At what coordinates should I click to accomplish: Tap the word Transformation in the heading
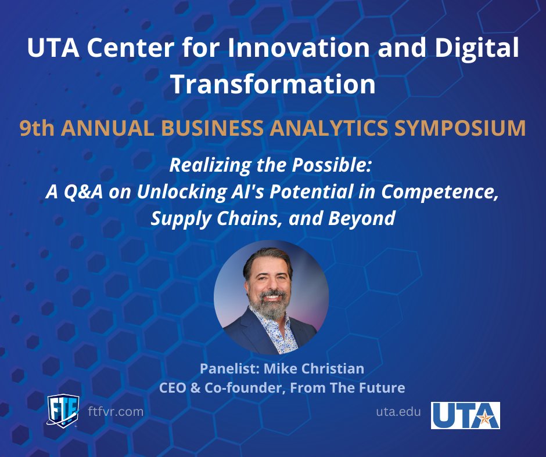click(272, 84)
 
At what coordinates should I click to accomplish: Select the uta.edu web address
click(398, 412)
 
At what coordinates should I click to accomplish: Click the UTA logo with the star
click(465, 415)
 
